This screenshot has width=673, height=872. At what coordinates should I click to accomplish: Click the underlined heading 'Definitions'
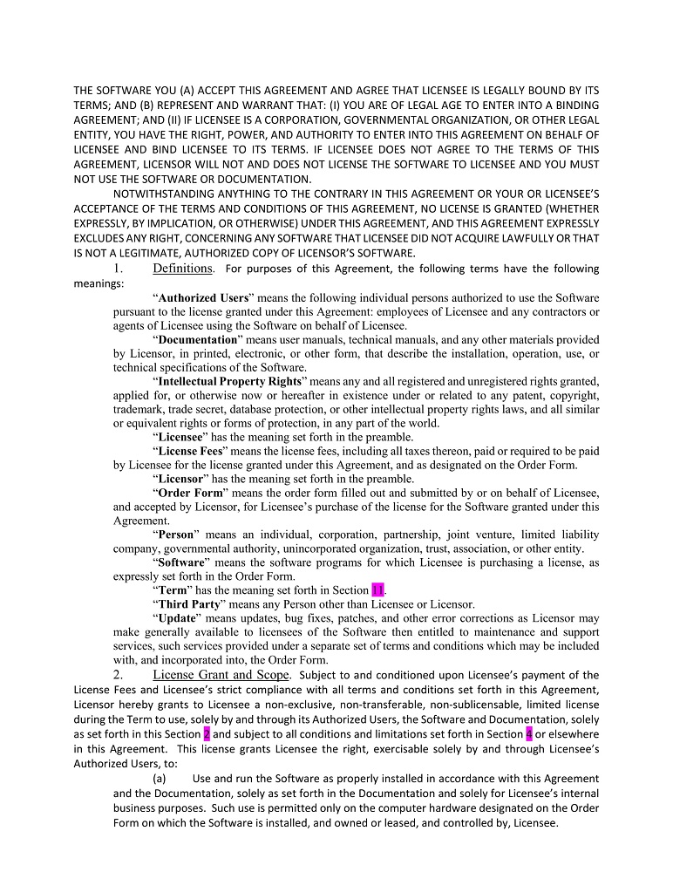(182, 269)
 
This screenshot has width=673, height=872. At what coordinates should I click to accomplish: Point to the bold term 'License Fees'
(191, 451)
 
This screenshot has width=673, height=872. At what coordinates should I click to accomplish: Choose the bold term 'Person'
(179, 535)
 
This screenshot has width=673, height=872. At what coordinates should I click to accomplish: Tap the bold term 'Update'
(178, 618)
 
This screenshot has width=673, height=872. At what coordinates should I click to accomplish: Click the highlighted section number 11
(377, 590)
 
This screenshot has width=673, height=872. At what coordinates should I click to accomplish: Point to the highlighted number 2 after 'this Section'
(207, 733)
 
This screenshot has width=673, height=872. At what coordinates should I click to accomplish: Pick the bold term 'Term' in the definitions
(175, 590)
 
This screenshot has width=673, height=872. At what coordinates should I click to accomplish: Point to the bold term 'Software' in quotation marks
(184, 562)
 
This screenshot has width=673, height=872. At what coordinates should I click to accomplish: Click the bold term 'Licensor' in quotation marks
(180, 479)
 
